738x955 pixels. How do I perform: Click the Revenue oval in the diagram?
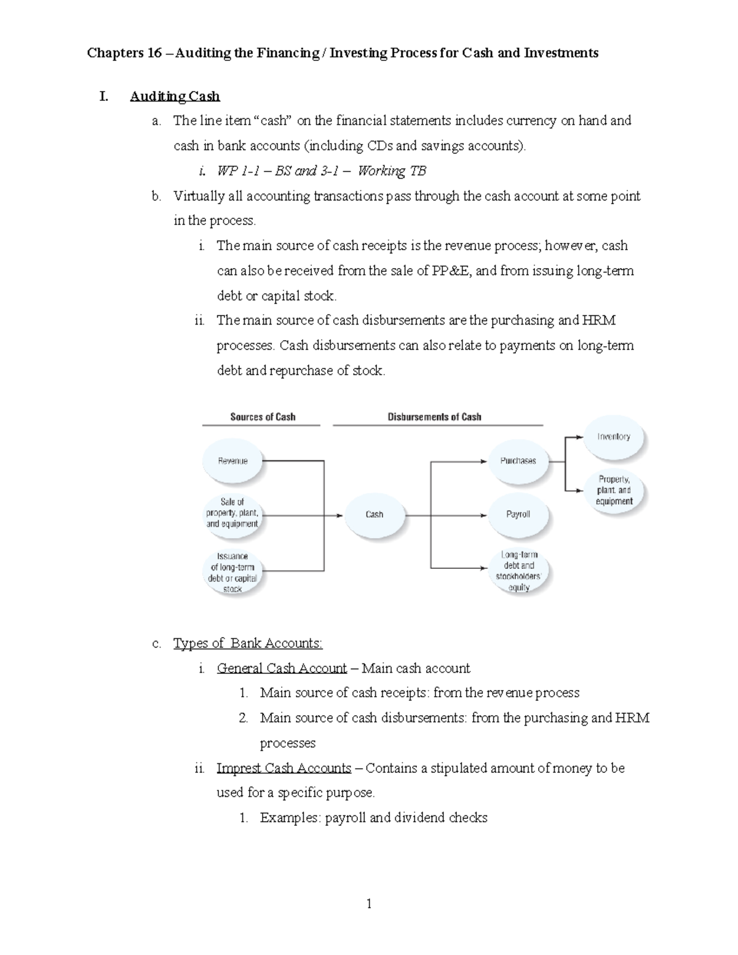pos(233,461)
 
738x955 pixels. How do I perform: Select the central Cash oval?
pos(375,515)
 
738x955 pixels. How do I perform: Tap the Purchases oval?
pos(518,461)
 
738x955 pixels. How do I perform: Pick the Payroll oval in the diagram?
pos(518,514)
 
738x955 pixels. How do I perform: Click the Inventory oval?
pos(614,437)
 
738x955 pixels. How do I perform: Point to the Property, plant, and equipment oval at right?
pos(614,490)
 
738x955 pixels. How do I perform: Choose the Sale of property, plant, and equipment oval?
pos(232,513)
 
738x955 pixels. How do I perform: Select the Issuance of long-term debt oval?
pos(232,573)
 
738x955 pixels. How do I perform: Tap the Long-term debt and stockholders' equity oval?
pos(519,571)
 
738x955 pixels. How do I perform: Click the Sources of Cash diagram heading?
pos(263,417)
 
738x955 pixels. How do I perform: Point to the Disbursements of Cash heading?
pos(434,417)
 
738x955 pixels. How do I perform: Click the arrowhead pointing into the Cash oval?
pos(339,515)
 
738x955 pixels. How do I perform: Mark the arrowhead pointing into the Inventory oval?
pos(579,437)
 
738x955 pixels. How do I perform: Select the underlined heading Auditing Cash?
pos(175,97)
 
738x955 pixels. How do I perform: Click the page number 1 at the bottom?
pos(369,904)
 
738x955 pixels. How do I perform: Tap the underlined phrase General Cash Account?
pos(282,668)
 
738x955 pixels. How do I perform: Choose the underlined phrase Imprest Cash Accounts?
pos(284,768)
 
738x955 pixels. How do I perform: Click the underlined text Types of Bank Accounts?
pos(248,643)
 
